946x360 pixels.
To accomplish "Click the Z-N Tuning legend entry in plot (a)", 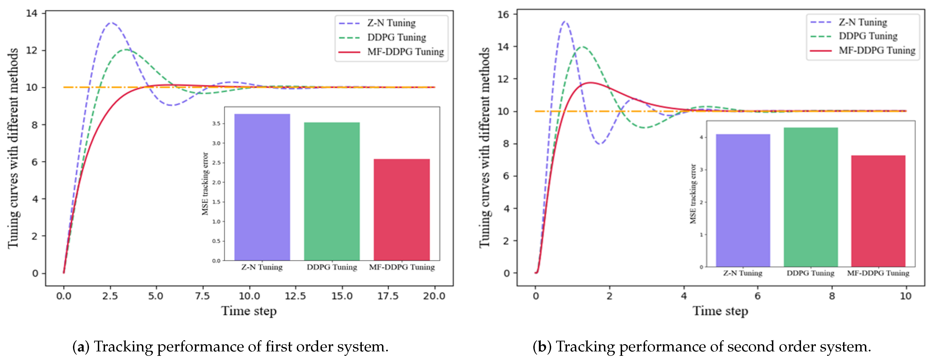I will click(391, 23).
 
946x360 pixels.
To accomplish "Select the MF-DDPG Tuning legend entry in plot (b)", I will click(876, 50).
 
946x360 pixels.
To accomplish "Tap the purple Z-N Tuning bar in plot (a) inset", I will click(262, 187).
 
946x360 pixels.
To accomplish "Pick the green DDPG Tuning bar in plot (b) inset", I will click(811, 197).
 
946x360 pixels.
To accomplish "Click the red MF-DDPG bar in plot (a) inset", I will click(401, 209).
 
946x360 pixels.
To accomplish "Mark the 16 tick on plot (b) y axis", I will click(504, 14).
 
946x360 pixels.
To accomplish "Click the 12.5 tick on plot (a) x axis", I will click(296, 296).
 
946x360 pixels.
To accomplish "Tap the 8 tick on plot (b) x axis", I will click(832, 296).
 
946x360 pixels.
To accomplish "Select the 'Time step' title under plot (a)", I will click(249, 311).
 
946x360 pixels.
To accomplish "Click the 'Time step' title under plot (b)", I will click(720, 311).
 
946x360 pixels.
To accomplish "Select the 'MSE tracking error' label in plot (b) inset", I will click(693, 194).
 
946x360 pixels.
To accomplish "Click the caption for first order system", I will click(230, 347).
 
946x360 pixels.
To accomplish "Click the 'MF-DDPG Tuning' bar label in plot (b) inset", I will click(878, 273).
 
